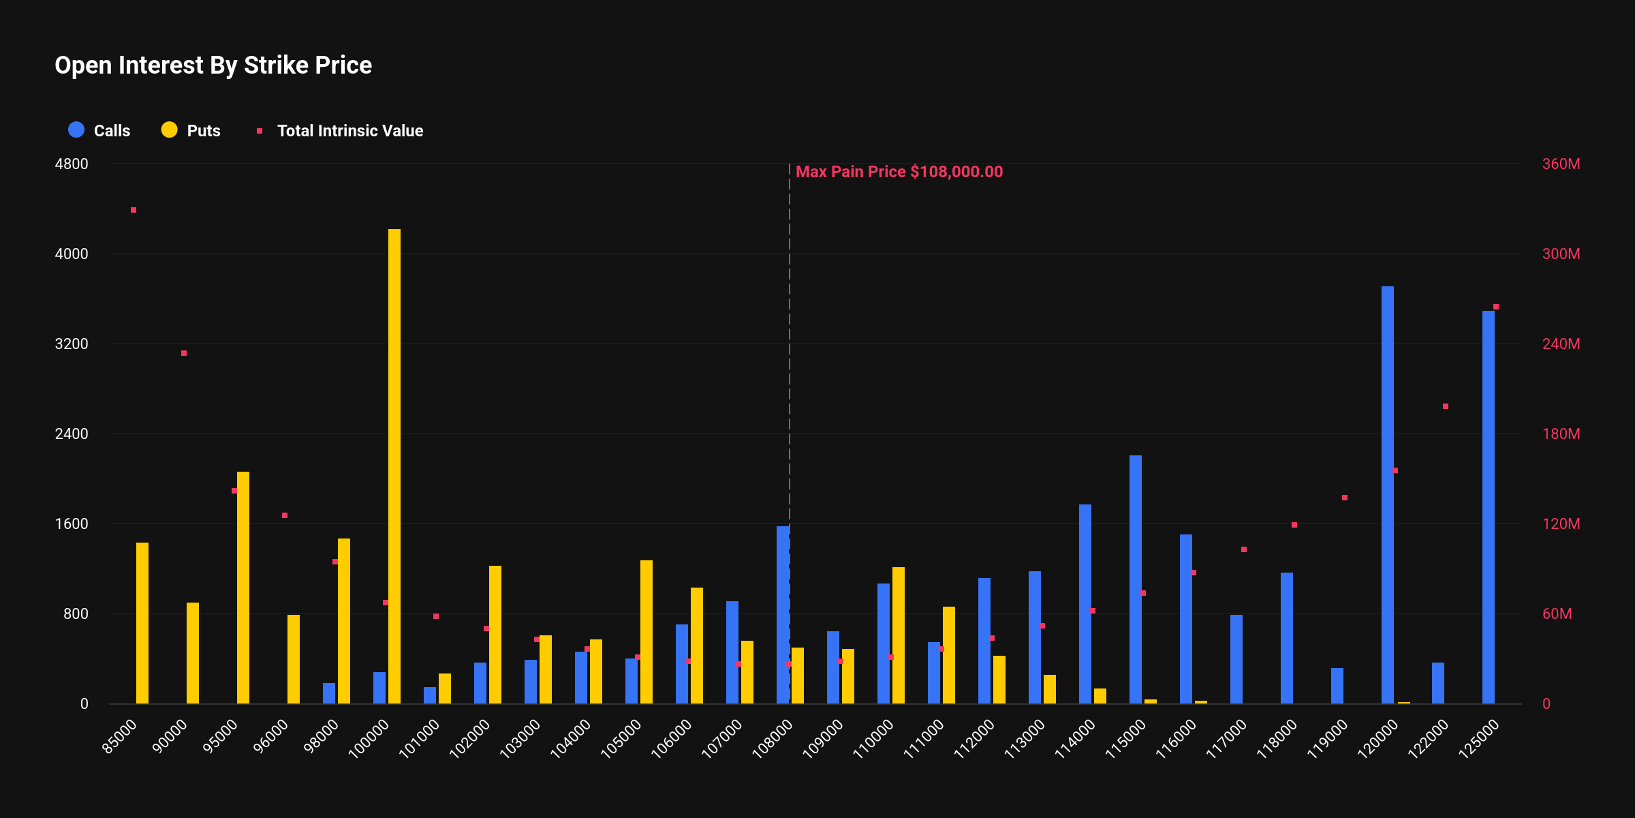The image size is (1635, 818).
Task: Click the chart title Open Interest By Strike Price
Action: click(x=213, y=65)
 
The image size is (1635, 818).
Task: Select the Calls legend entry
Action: click(x=99, y=130)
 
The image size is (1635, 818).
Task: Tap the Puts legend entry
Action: click(x=191, y=130)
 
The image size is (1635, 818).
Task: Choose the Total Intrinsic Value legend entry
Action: click(x=340, y=130)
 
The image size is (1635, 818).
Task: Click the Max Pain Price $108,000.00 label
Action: click(x=899, y=172)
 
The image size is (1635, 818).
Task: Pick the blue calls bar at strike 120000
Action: click(x=1388, y=494)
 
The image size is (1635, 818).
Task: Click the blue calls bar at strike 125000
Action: click(x=1489, y=508)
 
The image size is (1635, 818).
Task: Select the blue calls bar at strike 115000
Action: click(x=1136, y=579)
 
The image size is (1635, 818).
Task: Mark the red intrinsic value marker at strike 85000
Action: click(x=134, y=210)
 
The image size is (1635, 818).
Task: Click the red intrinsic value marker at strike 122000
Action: click(x=1446, y=406)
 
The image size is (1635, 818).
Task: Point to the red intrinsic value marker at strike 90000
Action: click(x=184, y=353)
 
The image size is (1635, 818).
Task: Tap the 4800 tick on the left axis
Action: click(x=72, y=164)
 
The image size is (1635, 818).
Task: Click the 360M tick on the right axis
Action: click(x=1561, y=164)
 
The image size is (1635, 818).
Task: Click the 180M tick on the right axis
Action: click(x=1561, y=434)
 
